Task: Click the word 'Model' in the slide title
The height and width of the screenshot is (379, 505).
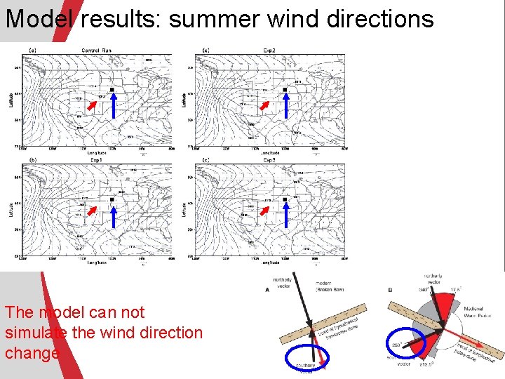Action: pyautogui.click(x=39, y=18)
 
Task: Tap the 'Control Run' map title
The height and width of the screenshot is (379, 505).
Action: pyautogui.click(x=96, y=50)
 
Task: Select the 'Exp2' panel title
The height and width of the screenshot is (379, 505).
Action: pyautogui.click(x=269, y=50)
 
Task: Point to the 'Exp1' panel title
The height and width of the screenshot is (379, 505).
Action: pyautogui.click(x=97, y=160)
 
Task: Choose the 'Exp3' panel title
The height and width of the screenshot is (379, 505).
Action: pyautogui.click(x=269, y=160)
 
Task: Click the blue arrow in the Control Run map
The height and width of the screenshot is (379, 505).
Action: pyautogui.click(x=112, y=106)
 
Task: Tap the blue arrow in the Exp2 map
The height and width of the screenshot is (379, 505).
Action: pyautogui.click(x=285, y=106)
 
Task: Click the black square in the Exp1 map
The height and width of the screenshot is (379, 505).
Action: pyautogui.click(x=112, y=200)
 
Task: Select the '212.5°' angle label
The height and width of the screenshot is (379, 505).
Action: pyautogui.click(x=425, y=364)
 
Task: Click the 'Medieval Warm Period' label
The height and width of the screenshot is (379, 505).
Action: pyautogui.click(x=478, y=313)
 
